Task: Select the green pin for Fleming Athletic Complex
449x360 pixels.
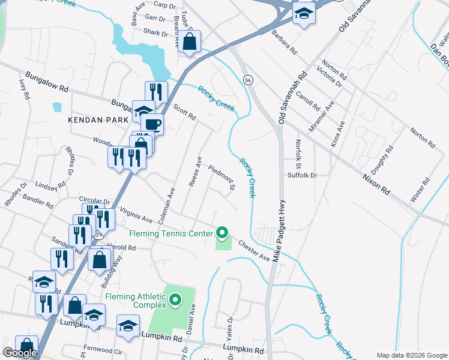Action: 175,299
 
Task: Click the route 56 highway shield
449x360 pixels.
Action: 247,80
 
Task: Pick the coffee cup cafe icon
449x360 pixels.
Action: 152,124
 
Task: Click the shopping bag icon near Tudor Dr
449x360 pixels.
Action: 190,41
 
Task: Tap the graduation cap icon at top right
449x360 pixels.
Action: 304,13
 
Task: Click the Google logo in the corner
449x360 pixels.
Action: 20,353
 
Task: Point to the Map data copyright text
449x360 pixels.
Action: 412,355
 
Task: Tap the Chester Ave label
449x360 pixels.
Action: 253,250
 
